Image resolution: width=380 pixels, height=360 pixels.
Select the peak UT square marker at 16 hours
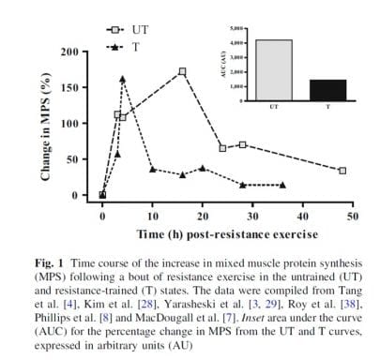tap(182, 71)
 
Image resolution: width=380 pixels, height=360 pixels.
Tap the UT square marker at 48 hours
tap(342, 171)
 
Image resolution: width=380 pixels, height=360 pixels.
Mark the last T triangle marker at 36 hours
tap(282, 185)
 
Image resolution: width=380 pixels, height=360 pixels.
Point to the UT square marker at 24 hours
tap(222, 148)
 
